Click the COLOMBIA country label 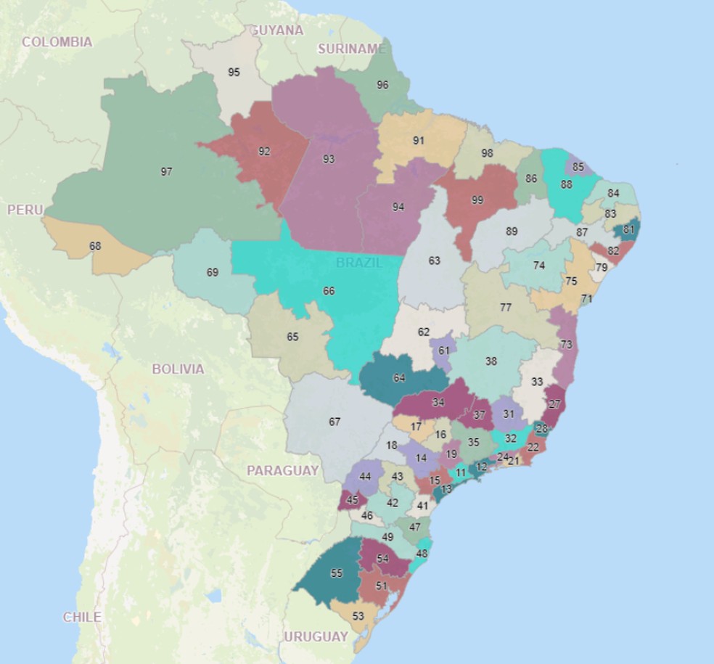point(57,42)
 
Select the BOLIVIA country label point(178,369)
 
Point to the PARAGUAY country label point(282,471)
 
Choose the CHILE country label point(82,618)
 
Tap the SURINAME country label point(351,49)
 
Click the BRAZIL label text point(358,263)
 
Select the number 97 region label point(166,172)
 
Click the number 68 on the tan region point(95,246)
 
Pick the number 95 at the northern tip point(234,73)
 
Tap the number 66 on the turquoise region point(329,291)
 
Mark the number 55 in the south point(336,573)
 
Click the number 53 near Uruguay point(358,616)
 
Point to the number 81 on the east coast point(628,229)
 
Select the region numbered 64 point(399,378)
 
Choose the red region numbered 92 point(264,152)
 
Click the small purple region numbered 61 point(443,351)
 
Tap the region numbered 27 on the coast point(555,404)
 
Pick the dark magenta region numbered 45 point(353,500)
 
